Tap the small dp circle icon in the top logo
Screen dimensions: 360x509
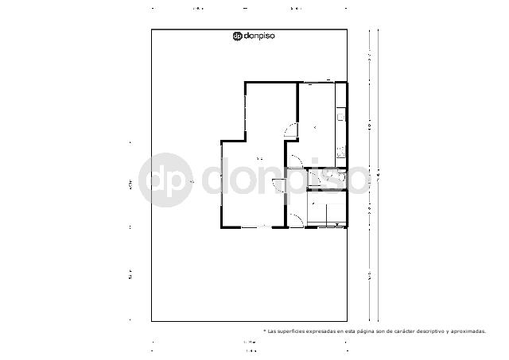[237, 36]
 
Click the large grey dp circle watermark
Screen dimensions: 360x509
[165, 180]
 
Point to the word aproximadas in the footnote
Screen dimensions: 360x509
[468, 331]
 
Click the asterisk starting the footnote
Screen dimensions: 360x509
[265, 331]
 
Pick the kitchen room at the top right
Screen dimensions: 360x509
[317, 123]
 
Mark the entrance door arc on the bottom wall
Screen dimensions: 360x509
[295, 221]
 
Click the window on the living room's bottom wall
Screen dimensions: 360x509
[255, 228]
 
